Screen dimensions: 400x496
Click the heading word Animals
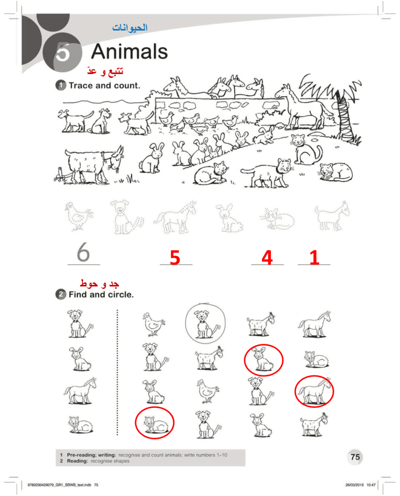click(x=129, y=51)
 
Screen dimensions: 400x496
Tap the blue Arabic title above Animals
click(x=130, y=28)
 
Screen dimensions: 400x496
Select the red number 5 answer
click(x=175, y=257)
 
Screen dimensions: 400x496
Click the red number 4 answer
click(x=267, y=257)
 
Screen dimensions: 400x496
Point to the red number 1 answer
click(x=314, y=257)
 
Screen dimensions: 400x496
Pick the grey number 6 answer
click(x=83, y=252)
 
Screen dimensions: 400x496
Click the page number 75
click(x=355, y=457)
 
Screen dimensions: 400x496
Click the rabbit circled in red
click(x=263, y=360)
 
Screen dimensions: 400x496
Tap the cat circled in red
click(x=154, y=422)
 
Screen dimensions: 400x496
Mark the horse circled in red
click(x=314, y=391)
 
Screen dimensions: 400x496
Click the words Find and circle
click(x=101, y=294)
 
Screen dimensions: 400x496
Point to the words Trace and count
click(x=104, y=86)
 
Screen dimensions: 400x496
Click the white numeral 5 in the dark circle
click(x=63, y=52)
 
